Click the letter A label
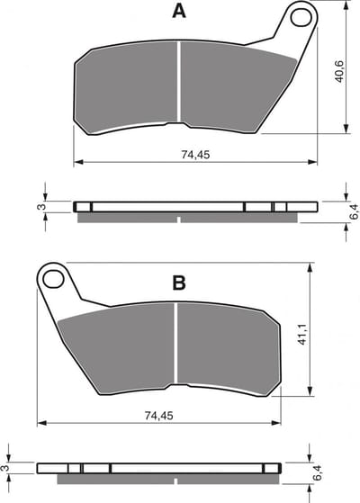(179, 12)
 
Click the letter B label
(179, 283)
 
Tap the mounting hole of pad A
(301, 17)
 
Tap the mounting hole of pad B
(53, 279)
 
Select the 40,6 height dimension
(339, 72)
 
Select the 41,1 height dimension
(302, 334)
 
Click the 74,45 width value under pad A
(195, 155)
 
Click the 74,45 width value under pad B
(158, 416)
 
